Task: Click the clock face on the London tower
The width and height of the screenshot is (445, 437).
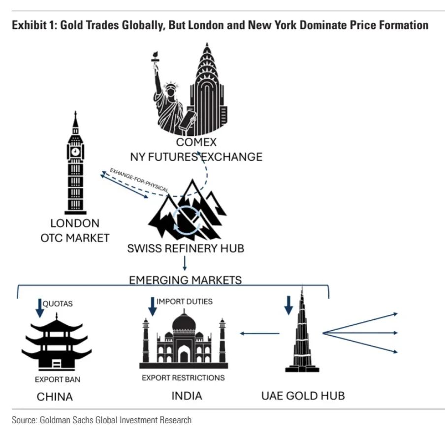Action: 75,151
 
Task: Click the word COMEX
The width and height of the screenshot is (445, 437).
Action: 196,143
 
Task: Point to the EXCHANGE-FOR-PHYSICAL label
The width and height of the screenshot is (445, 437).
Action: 139,181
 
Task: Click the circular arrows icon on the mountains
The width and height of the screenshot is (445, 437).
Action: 187,216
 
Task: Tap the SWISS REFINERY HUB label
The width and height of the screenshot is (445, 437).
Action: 186,248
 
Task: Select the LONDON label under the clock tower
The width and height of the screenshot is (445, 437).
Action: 75,223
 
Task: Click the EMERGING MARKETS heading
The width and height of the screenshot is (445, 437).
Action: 186,280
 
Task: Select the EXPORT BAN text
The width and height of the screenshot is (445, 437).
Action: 57,379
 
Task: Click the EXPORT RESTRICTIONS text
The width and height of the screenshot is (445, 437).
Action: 183,378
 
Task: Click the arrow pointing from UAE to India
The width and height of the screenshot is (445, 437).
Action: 259,334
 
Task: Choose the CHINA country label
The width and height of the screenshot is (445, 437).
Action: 55,397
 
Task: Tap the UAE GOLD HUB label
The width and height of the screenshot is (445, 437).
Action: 302,396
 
